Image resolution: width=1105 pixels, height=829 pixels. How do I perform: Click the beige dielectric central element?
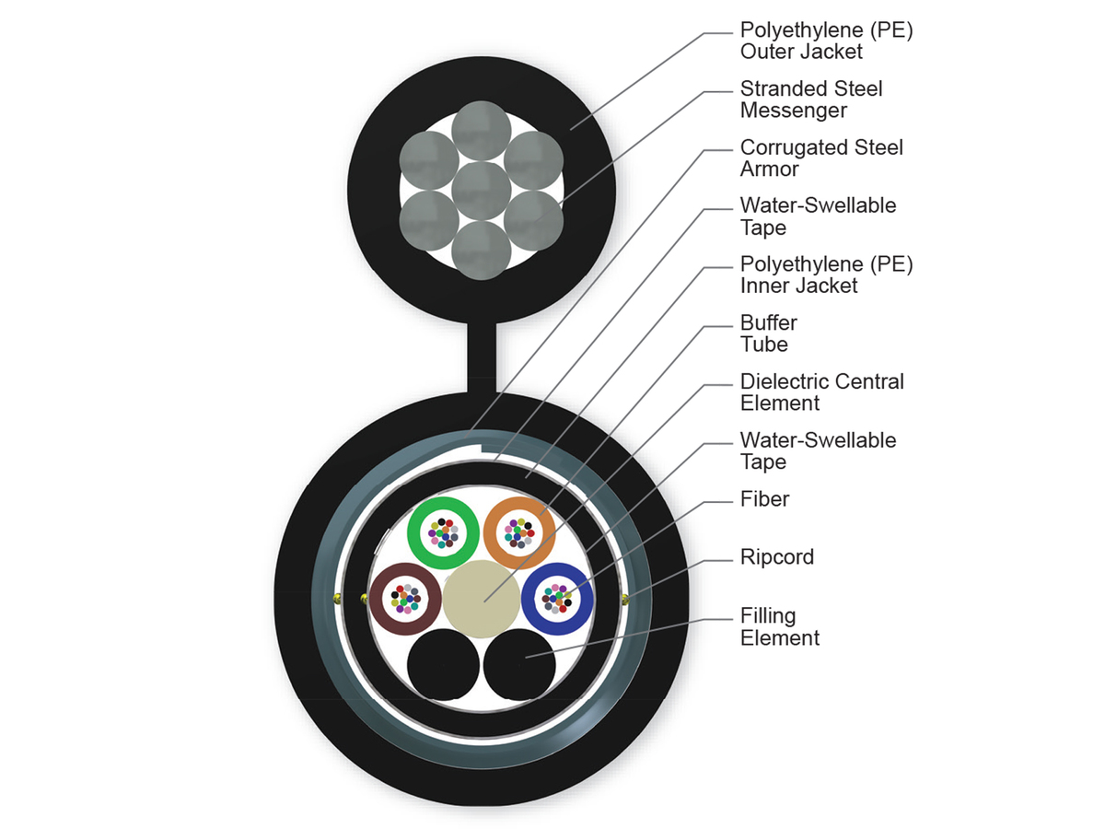tap(480, 598)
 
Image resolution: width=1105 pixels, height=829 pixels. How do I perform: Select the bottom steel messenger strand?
tap(482, 250)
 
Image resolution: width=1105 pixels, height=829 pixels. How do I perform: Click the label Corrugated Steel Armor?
tap(821, 158)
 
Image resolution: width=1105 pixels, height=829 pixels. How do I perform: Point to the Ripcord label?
tap(776, 557)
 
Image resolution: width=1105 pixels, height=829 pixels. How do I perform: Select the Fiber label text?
tap(764, 499)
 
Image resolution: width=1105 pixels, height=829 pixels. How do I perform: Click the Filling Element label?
tap(779, 626)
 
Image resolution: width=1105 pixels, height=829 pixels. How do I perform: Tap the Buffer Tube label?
tap(768, 333)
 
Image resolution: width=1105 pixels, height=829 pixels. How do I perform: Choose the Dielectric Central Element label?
tap(821, 392)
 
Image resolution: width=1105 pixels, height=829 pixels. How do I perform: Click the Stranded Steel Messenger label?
tap(810, 99)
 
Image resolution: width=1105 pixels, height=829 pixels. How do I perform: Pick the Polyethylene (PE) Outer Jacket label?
tap(826, 41)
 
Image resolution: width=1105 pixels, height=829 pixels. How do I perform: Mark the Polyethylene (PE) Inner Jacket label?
tap(826, 274)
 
